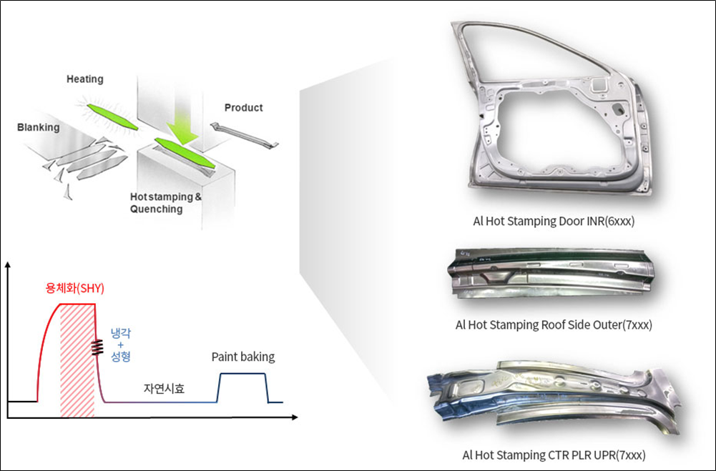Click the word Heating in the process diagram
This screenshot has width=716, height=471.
(85, 79)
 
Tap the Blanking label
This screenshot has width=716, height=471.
(39, 128)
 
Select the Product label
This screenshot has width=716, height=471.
(244, 108)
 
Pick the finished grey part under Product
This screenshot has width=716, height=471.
(243, 135)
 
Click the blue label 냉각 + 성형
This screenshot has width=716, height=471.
(121, 344)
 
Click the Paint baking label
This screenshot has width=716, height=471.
(243, 357)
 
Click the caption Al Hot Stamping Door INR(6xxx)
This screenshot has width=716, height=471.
(554, 222)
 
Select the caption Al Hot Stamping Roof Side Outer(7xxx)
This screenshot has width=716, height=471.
(554, 325)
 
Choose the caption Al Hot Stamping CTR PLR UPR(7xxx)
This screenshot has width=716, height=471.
(554, 455)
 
